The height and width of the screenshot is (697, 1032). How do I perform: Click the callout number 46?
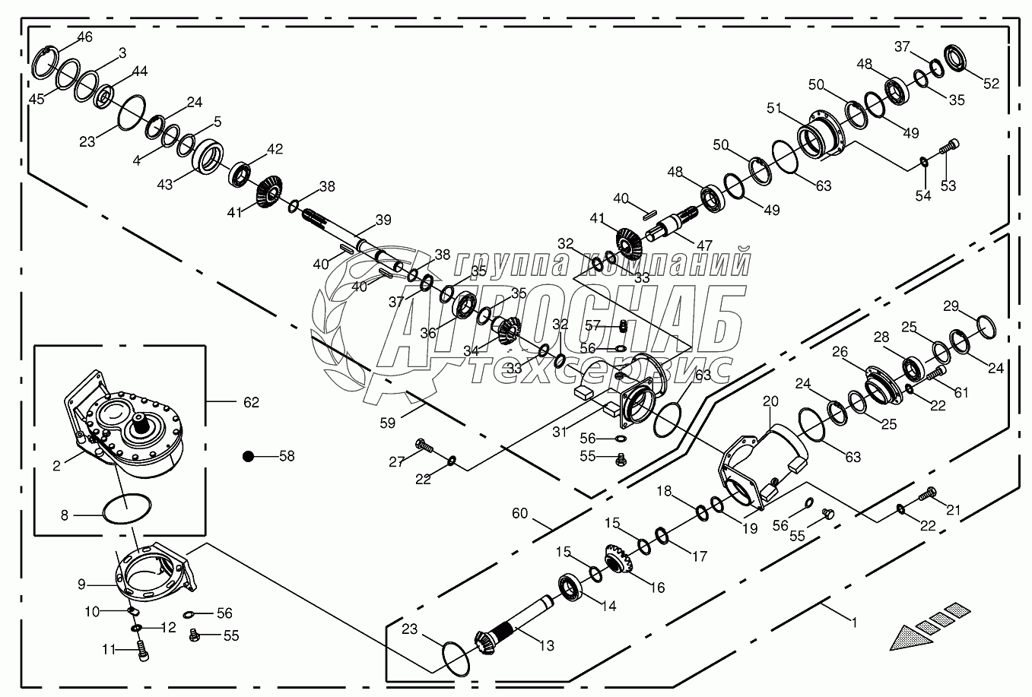(x=84, y=36)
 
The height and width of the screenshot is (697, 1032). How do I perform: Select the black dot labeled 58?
(x=247, y=456)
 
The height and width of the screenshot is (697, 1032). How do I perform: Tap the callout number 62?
(x=250, y=402)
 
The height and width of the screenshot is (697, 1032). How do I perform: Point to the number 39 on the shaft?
(x=383, y=220)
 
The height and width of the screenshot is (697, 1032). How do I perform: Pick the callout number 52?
(x=991, y=84)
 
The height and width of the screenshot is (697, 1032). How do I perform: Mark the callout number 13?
(x=546, y=645)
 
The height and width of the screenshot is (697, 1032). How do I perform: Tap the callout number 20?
(x=770, y=400)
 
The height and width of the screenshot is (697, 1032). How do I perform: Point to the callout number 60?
(x=519, y=514)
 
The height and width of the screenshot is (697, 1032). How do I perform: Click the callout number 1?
(x=853, y=622)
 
